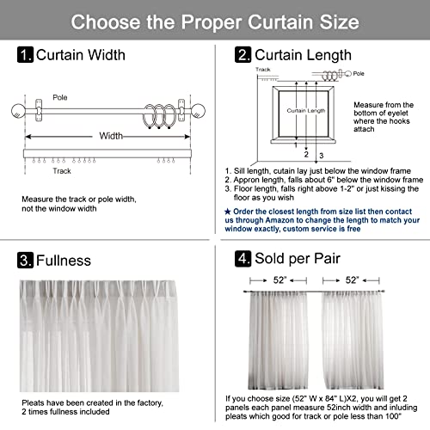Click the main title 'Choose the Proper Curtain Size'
215,20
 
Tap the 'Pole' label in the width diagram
60,97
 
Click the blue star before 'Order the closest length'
227,210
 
